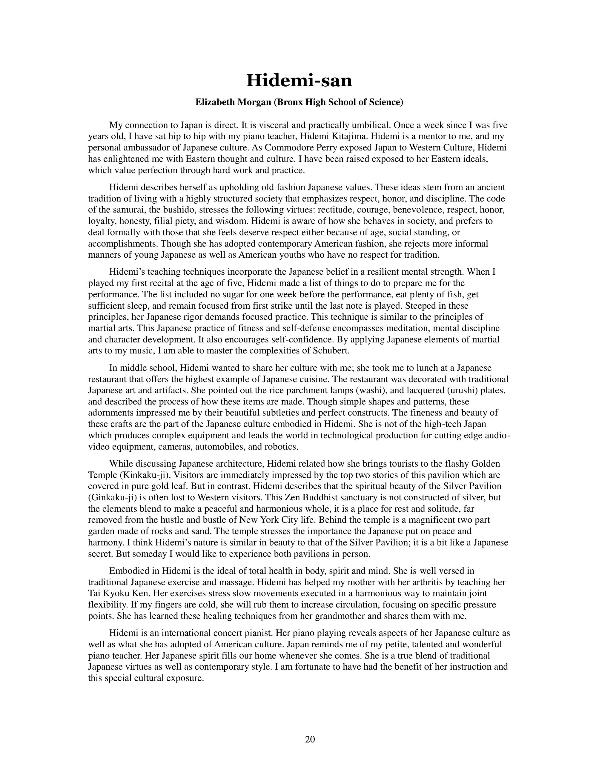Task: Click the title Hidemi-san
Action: click(x=299, y=80)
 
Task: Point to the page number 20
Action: click(x=310, y=739)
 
